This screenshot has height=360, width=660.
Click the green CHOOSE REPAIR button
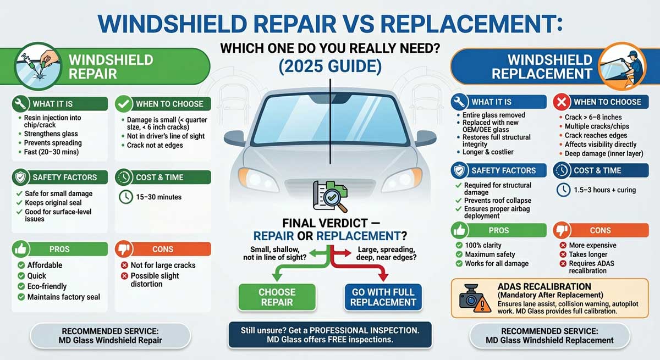277,297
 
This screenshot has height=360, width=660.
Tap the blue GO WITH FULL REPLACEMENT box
383,297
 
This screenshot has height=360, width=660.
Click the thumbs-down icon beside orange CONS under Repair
124,249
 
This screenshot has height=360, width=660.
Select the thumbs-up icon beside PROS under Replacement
459,230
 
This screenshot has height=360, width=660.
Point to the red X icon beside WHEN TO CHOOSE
562,102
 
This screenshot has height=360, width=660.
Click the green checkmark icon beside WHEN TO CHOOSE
124,104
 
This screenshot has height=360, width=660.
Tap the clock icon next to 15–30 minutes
125,197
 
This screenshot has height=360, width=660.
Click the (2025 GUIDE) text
329,68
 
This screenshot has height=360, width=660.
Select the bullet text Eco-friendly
47,286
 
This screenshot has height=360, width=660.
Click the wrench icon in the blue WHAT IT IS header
460,102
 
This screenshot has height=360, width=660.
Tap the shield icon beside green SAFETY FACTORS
21,178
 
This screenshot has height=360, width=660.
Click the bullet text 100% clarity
483,245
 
